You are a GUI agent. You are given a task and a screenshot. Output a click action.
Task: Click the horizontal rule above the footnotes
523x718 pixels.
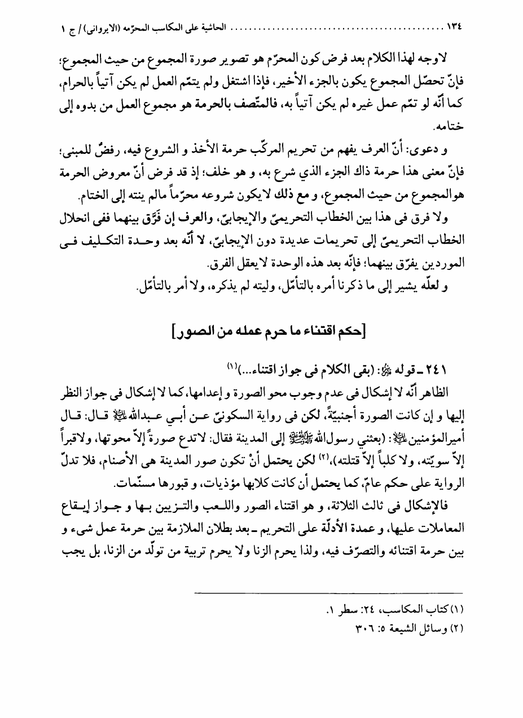click(x=327, y=592)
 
